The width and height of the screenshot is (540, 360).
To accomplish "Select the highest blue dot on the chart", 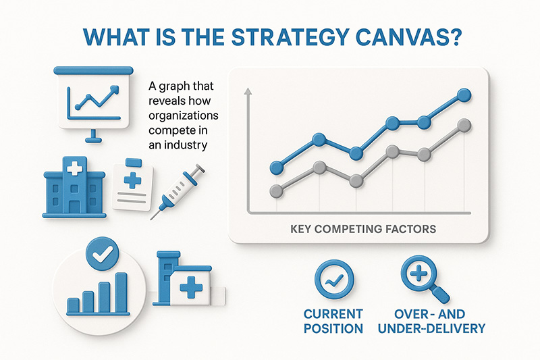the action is [x=464, y=95].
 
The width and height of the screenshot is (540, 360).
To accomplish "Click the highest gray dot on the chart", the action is [x=464, y=126].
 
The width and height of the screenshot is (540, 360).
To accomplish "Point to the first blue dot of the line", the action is [x=277, y=168].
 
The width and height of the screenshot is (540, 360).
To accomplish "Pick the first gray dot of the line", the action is [x=277, y=191].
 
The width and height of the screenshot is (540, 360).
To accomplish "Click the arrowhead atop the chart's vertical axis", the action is [x=248, y=91].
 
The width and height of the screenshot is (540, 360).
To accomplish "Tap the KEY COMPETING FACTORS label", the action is [x=363, y=229].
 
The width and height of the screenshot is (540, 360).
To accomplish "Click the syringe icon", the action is [x=178, y=192].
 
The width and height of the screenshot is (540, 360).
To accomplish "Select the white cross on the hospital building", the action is [x=74, y=169].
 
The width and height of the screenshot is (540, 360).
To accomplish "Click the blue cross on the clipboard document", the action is [x=132, y=180].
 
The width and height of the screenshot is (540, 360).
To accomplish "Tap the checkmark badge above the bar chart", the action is [x=103, y=254].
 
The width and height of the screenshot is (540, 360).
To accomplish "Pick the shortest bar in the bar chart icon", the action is [x=73, y=305].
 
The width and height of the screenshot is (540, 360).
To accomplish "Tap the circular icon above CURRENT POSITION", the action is [x=334, y=279].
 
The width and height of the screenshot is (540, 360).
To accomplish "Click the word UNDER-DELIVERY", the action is [x=431, y=328].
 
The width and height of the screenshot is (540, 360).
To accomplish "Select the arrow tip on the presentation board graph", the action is [x=115, y=89].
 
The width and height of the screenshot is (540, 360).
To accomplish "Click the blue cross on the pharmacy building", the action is [x=191, y=287].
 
